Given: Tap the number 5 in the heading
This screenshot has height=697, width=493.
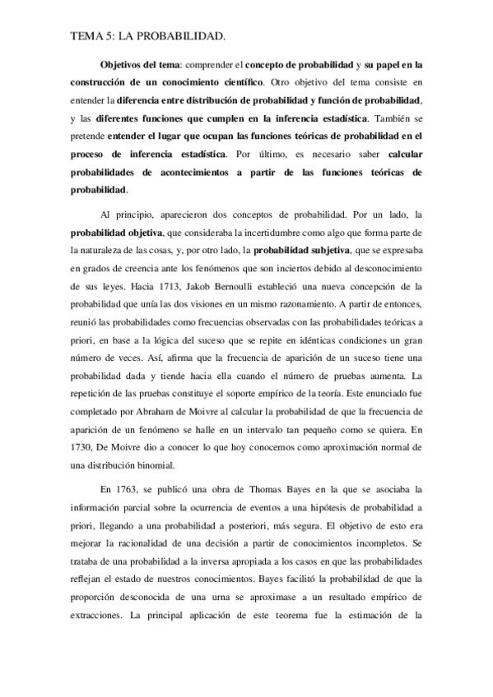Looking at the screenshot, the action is pos(111,37).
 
